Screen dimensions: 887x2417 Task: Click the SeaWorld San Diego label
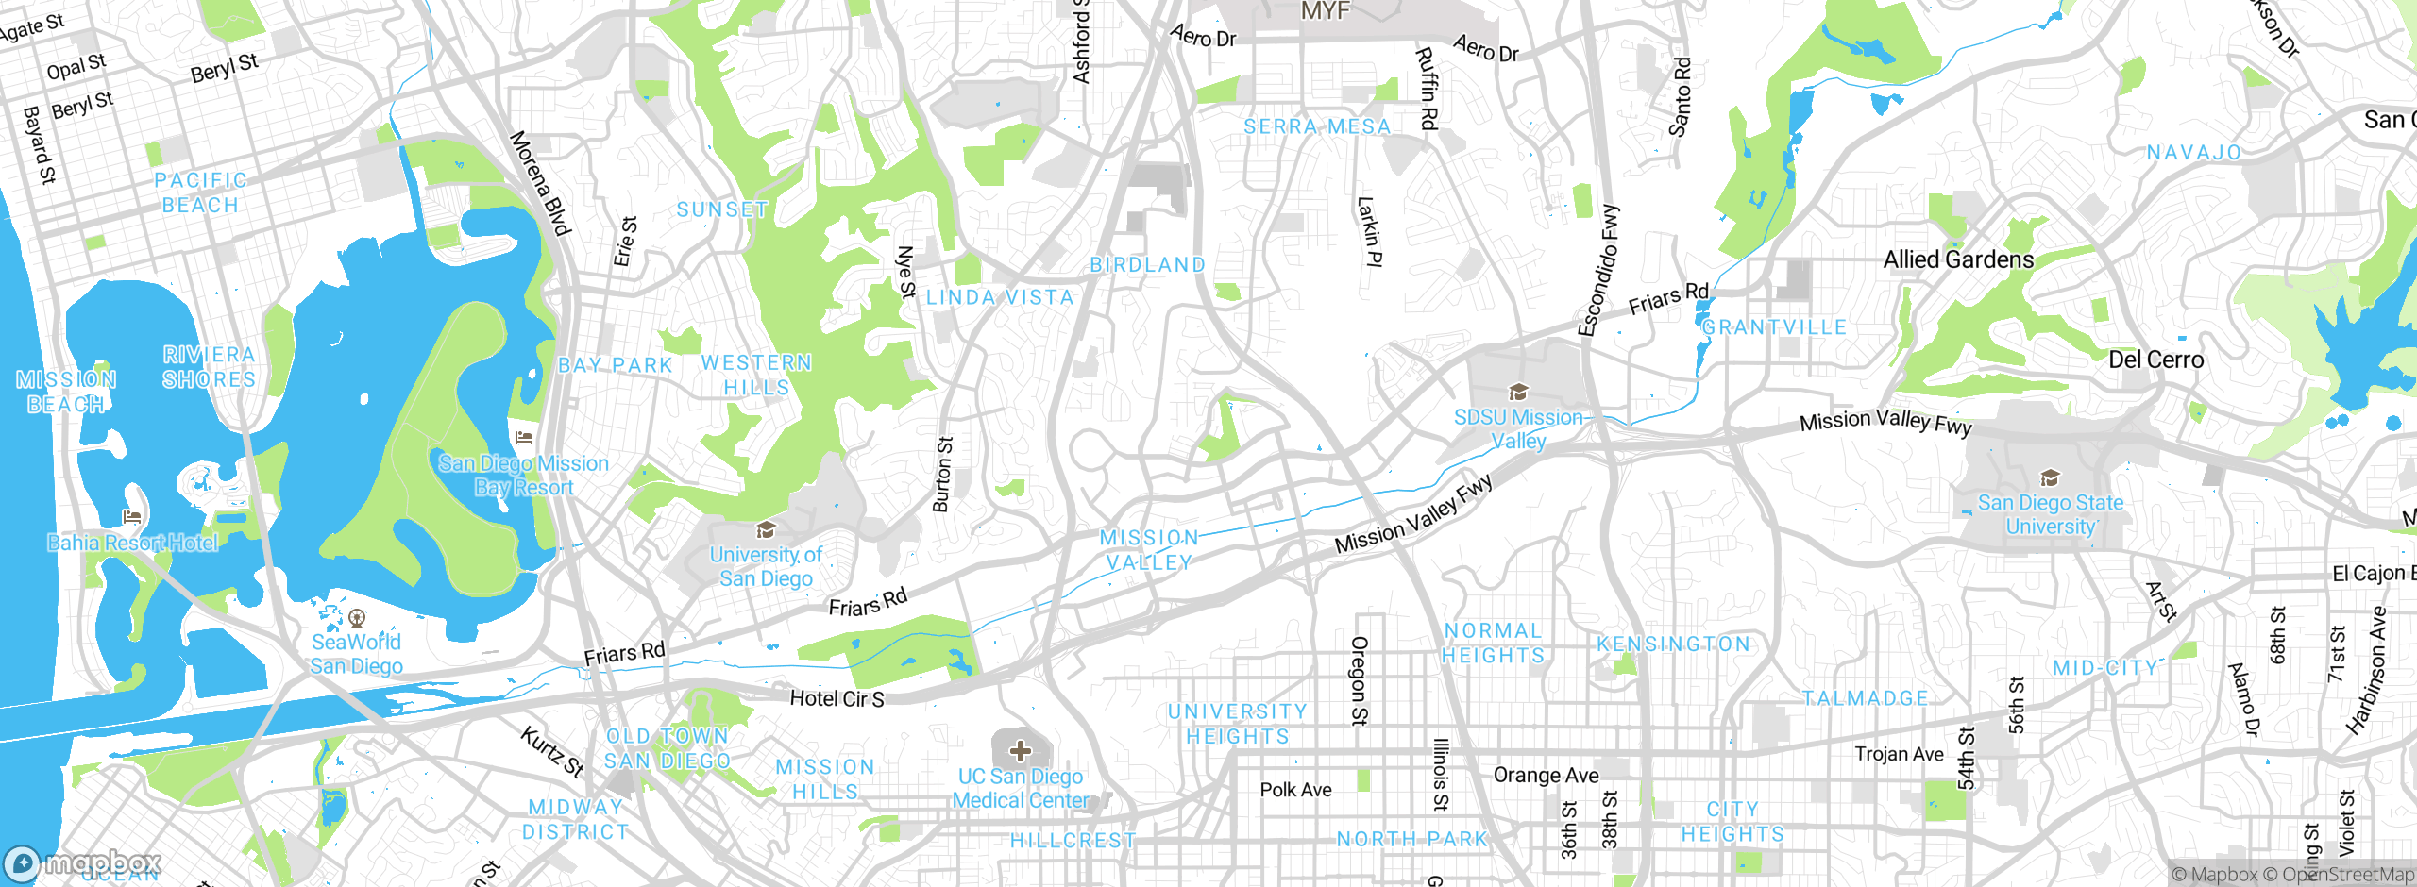click(x=357, y=654)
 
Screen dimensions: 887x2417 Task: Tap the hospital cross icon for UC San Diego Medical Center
click(x=1020, y=751)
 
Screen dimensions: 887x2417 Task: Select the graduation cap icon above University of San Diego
click(x=766, y=529)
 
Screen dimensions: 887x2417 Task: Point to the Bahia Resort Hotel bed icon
click(x=132, y=516)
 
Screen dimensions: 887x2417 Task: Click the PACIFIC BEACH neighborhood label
click(x=200, y=192)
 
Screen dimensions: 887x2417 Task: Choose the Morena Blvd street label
click(x=541, y=183)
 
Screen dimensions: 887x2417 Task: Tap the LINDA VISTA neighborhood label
click(x=1000, y=297)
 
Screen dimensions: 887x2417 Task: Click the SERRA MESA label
click(x=1317, y=126)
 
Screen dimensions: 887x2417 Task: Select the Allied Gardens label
click(x=1958, y=259)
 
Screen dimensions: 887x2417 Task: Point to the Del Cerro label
click(x=2155, y=360)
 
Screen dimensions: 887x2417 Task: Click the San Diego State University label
click(x=2050, y=514)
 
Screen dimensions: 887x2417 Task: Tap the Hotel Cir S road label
click(x=837, y=698)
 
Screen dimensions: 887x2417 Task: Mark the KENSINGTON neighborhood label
click(x=1673, y=644)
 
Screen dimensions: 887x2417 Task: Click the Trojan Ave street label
click(x=1899, y=754)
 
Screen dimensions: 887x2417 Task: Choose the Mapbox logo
click(x=83, y=863)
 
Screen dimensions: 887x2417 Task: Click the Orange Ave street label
click(x=1546, y=776)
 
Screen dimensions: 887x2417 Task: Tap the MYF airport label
click(x=1325, y=11)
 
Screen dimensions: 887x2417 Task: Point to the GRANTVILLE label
click(x=1774, y=327)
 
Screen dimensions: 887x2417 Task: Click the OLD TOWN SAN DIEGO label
click(x=668, y=748)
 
